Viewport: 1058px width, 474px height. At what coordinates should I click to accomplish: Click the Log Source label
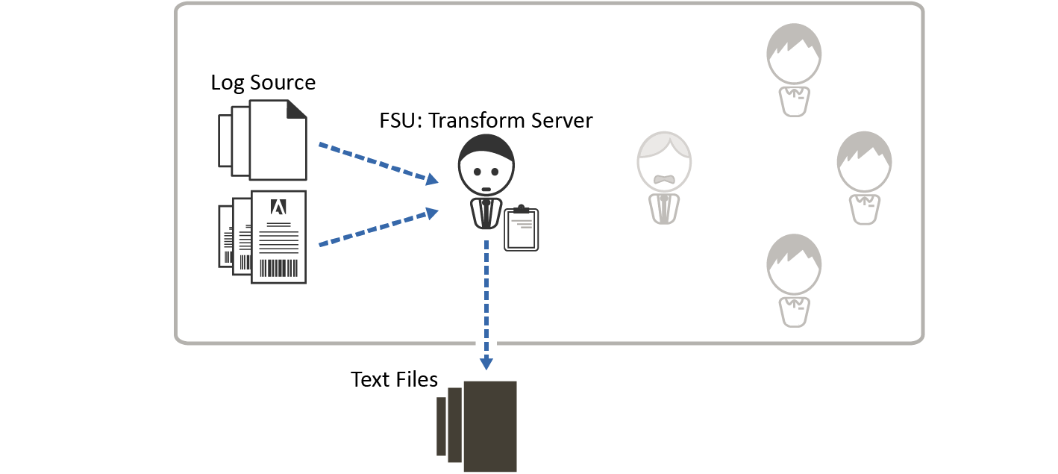pyautogui.click(x=263, y=82)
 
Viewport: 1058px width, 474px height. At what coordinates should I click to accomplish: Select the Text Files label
pyautogui.click(x=394, y=379)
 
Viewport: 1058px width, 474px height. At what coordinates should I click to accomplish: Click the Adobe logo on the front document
pyautogui.click(x=278, y=207)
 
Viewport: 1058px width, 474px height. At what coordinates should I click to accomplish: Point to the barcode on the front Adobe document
pyautogui.click(x=278, y=268)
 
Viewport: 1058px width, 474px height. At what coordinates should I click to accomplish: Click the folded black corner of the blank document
pyautogui.click(x=297, y=110)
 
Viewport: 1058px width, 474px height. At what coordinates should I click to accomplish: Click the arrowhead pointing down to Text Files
pyautogui.click(x=486, y=363)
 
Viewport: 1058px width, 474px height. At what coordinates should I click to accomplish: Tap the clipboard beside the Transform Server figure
pyautogui.click(x=521, y=230)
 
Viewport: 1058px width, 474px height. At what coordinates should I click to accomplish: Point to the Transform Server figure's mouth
pyautogui.click(x=486, y=189)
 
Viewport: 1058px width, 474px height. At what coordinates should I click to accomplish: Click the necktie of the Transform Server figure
pyautogui.click(x=486, y=213)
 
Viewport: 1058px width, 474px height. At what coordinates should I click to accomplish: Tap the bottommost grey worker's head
pyautogui.click(x=794, y=266)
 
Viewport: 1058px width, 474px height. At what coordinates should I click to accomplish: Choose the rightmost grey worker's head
pyautogui.click(x=865, y=162)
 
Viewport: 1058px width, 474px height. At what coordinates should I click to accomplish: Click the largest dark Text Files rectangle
pyautogui.click(x=490, y=426)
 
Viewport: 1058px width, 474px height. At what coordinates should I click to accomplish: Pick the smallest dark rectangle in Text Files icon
pyautogui.click(x=441, y=426)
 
